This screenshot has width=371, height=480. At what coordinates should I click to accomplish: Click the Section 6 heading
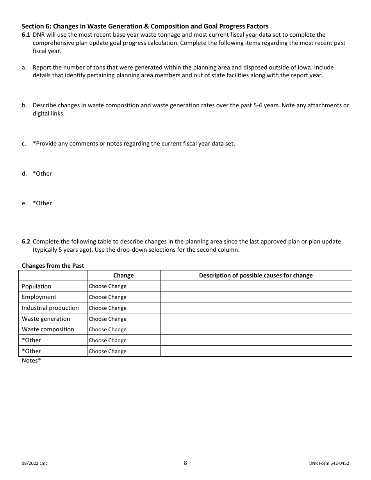point(145,27)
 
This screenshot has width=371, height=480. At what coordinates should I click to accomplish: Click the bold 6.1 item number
point(26,35)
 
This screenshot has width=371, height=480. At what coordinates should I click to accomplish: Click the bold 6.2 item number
point(26,242)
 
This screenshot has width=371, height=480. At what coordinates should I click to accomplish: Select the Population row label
point(36,286)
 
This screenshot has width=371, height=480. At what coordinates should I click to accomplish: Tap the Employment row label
point(39,297)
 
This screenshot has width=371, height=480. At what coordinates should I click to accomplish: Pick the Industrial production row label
point(50,308)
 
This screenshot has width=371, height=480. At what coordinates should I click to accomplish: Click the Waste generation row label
point(46,319)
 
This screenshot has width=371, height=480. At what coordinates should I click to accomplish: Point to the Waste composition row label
point(48,329)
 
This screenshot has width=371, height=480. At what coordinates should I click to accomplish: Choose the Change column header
point(123,276)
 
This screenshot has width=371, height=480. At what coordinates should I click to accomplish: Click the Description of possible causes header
point(256,276)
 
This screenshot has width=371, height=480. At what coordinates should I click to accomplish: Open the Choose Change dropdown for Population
point(108,286)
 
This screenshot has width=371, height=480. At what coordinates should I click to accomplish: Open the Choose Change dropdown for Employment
point(108,297)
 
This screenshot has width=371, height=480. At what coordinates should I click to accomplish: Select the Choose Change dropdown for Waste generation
point(108,319)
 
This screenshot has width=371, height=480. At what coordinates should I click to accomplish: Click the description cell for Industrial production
point(256,308)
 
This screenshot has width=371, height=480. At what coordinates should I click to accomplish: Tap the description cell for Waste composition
point(256,329)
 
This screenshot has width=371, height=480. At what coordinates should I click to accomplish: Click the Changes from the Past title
point(53,266)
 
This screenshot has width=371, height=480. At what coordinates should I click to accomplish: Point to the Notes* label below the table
point(31,361)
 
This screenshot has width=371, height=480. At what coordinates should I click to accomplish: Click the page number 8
point(185,463)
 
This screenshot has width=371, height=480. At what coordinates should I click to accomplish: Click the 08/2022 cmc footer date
point(35,464)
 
